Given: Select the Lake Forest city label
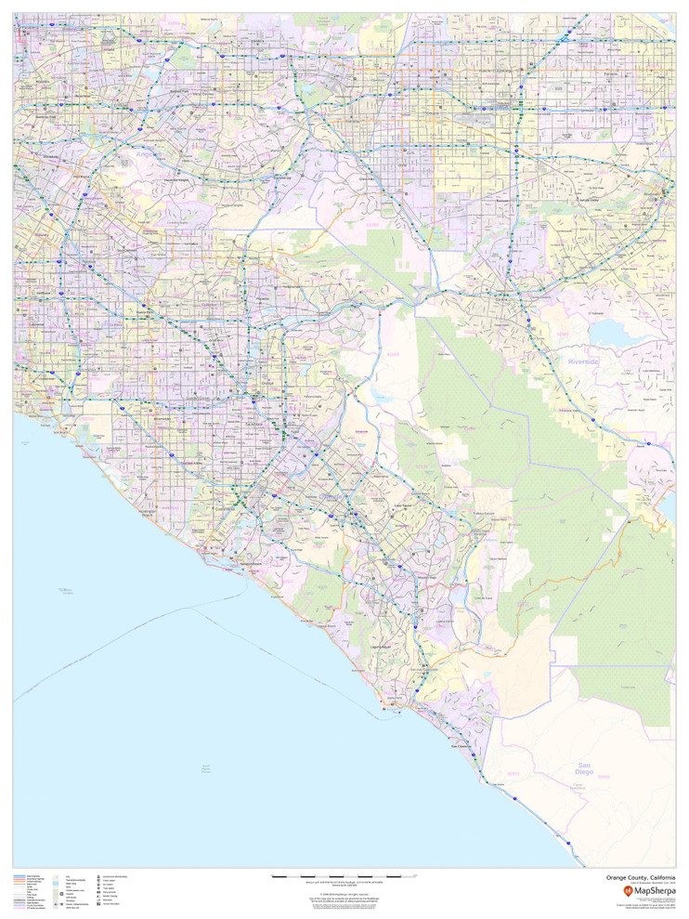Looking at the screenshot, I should point(403,505).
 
